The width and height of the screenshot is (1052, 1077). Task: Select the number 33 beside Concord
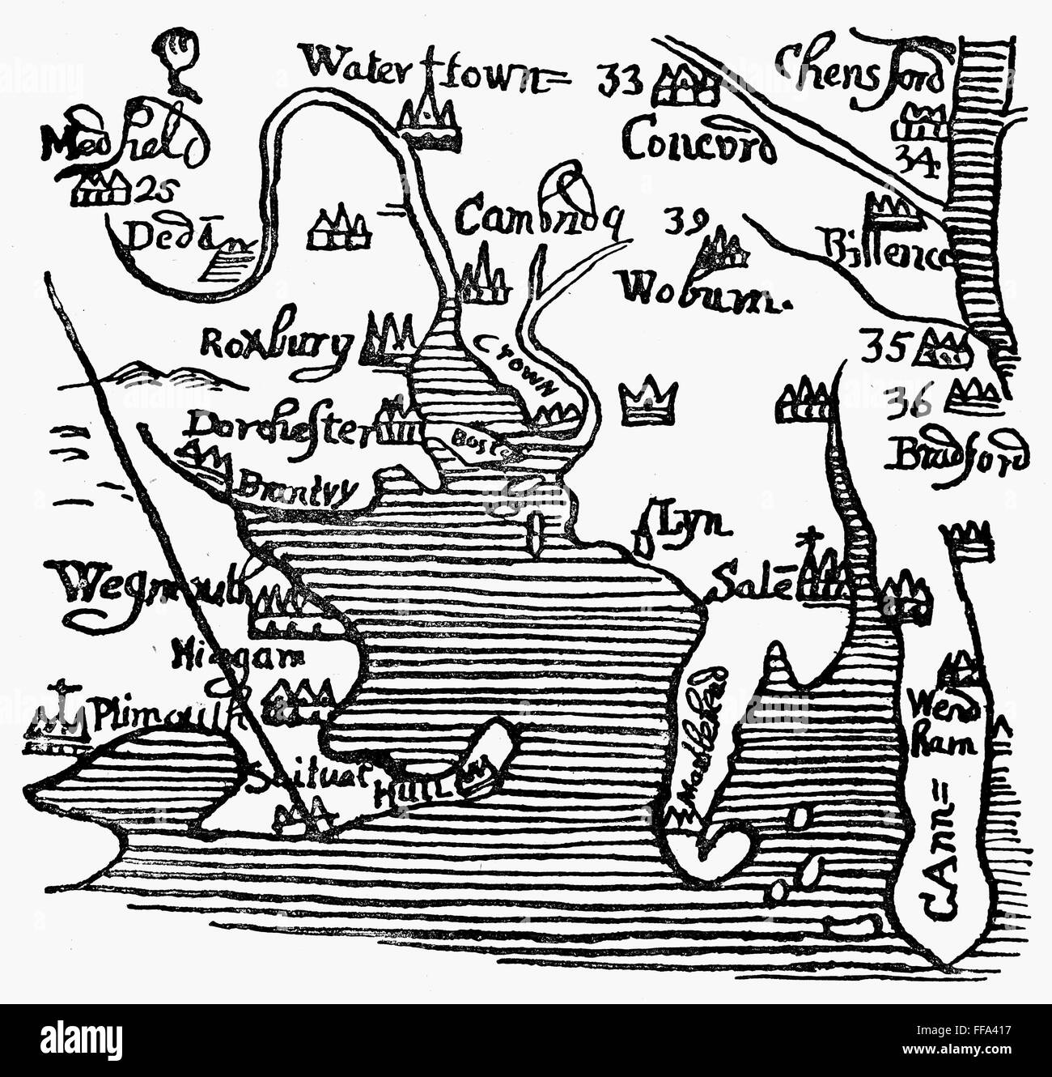[621, 80]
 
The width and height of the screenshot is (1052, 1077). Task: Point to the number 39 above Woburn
[685, 221]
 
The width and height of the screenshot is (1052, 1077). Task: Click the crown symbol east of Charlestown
[648, 400]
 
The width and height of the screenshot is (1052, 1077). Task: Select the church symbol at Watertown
[430, 121]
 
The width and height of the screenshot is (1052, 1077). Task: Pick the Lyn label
[683, 529]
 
